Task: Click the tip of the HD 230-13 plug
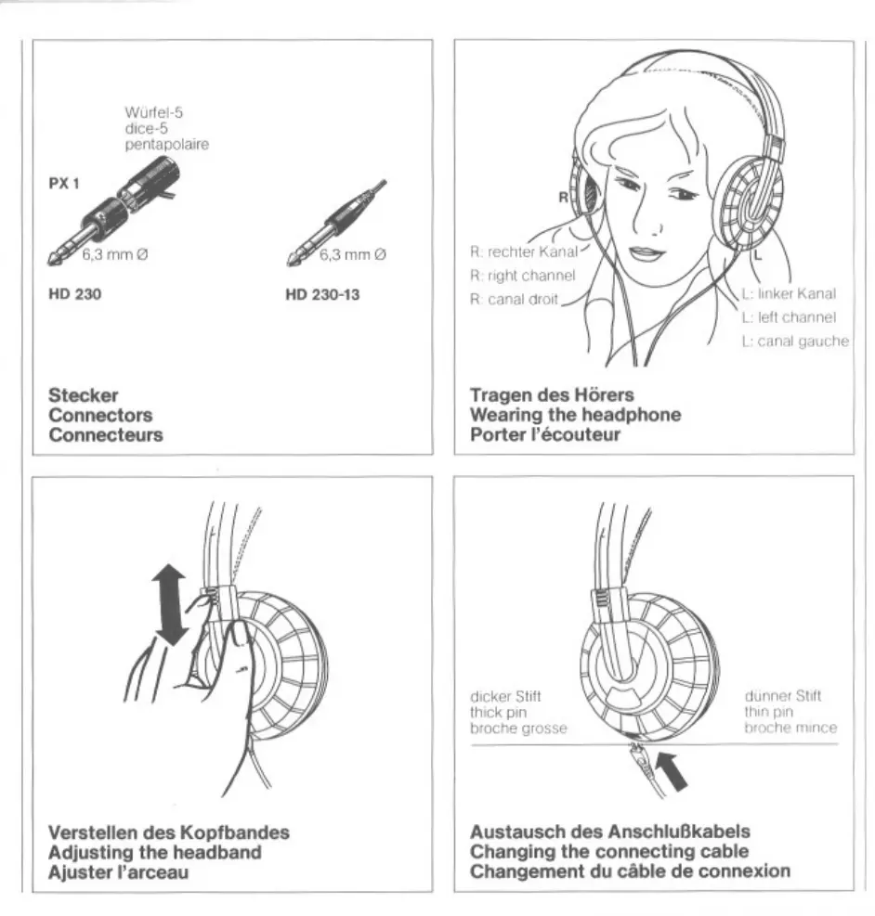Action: tap(290, 263)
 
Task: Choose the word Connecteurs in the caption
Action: tap(107, 435)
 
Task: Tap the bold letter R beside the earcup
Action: tap(563, 197)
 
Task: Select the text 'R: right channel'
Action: tap(521, 275)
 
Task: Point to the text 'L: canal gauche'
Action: tap(795, 342)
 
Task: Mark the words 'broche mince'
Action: tap(790, 729)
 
